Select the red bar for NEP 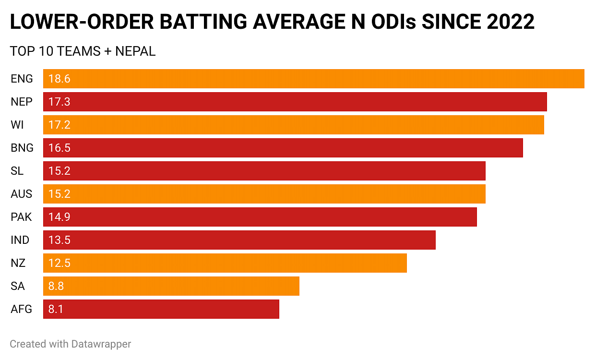(x=295, y=102)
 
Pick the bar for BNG (x=283, y=148)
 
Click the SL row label (x=17, y=171)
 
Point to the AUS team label (x=22, y=194)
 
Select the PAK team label (x=21, y=217)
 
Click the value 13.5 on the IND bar (x=59, y=240)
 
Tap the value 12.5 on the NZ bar (x=59, y=263)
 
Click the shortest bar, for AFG (x=161, y=309)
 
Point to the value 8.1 (x=56, y=309)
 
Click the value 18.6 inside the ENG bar (x=59, y=79)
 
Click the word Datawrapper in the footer (x=101, y=344)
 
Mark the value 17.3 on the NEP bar (x=59, y=102)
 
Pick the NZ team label (x=18, y=263)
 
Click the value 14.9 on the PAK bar (x=59, y=217)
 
